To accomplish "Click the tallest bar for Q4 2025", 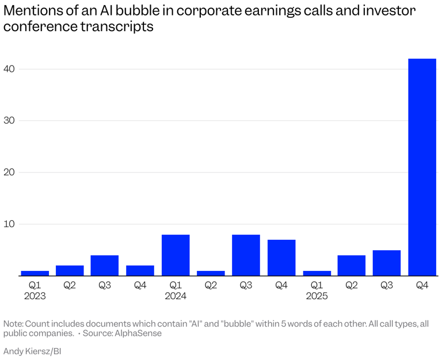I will [x=422, y=167].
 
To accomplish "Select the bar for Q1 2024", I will [x=176, y=255].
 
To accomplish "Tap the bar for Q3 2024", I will [x=246, y=255].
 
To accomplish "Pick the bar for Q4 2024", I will [x=281, y=258].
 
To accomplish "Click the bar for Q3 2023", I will [x=105, y=265].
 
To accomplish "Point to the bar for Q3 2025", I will [x=387, y=263].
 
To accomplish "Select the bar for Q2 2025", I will [x=352, y=265].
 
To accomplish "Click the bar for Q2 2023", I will [x=70, y=270].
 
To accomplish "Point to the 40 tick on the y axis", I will [x=10, y=69].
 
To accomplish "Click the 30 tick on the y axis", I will [x=10, y=121].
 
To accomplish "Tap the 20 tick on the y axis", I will [x=10, y=173].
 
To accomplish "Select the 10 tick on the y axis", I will [x=10, y=224].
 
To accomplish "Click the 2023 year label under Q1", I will [x=35, y=296].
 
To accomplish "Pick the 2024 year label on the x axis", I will [x=176, y=296].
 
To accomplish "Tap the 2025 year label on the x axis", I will [x=317, y=296].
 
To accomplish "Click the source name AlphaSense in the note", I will [x=138, y=334].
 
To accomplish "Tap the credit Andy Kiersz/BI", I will [x=32, y=351].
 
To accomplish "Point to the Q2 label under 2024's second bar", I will [x=211, y=285].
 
